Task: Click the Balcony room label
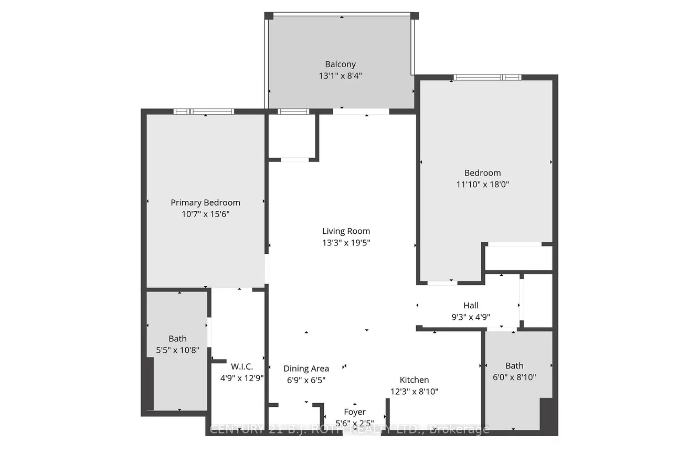pyautogui.click(x=340, y=64)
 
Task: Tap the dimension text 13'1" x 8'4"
pyautogui.click(x=340, y=75)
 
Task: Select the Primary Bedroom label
pyautogui.click(x=205, y=202)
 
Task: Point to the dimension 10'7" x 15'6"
pyautogui.click(x=205, y=214)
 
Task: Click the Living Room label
pyautogui.click(x=346, y=231)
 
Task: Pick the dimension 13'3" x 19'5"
pyautogui.click(x=346, y=243)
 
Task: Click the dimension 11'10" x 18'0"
pyautogui.click(x=482, y=184)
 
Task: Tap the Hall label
pyautogui.click(x=471, y=305)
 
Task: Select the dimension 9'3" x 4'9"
pyautogui.click(x=471, y=317)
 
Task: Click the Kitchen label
pyautogui.click(x=414, y=380)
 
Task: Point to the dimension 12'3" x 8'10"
pyautogui.click(x=414, y=391)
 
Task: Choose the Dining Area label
pyautogui.click(x=306, y=369)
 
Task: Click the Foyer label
pyautogui.click(x=355, y=412)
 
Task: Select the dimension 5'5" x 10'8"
pyautogui.click(x=177, y=350)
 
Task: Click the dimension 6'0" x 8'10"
pyautogui.click(x=514, y=377)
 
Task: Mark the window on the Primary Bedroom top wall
pyautogui.click(x=204, y=111)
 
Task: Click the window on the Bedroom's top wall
pyautogui.click(x=487, y=78)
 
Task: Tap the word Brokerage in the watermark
pyautogui.click(x=459, y=429)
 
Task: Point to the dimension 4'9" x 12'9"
pyautogui.click(x=238, y=377)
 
